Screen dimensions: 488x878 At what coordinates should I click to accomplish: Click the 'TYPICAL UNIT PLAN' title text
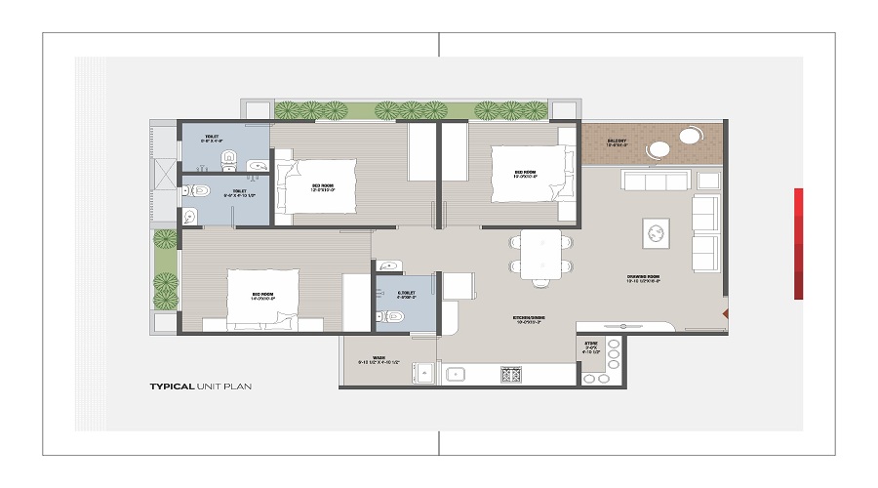pos(200,386)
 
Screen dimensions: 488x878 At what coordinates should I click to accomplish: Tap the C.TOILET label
pos(408,293)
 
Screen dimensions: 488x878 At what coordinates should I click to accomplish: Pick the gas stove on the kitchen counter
pos(511,374)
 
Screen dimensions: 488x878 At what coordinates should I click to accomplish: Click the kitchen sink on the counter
pos(455,374)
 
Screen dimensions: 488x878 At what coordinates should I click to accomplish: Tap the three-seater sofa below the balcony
pos(657,181)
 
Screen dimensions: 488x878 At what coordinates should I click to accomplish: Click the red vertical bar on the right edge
pos(798,243)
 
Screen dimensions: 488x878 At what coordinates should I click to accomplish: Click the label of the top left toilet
pos(212,140)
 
